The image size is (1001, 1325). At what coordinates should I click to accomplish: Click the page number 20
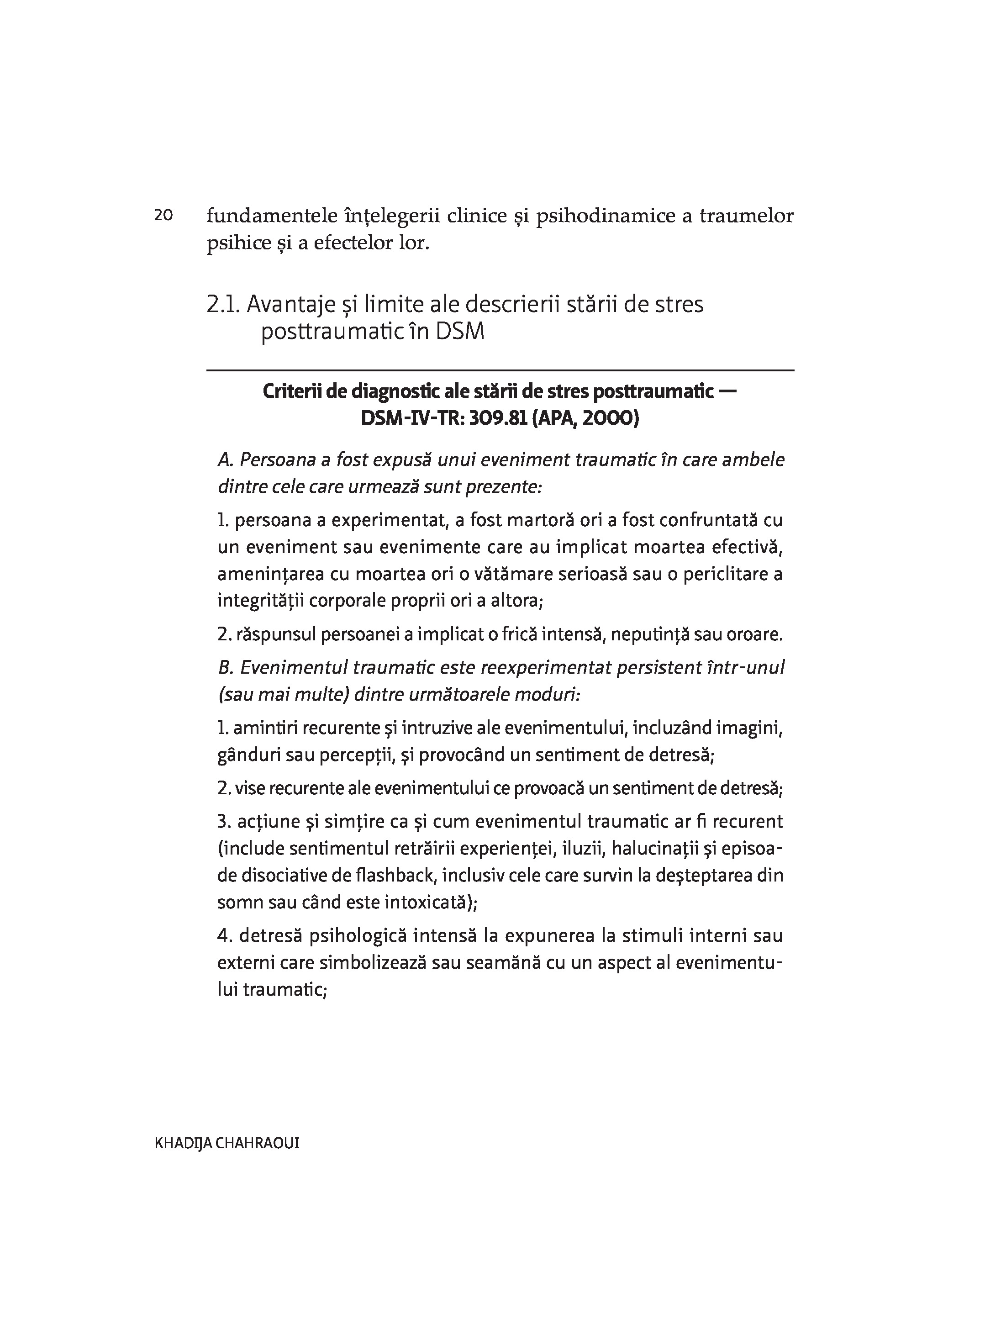(x=163, y=215)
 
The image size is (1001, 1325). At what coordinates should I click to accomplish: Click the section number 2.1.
(x=223, y=305)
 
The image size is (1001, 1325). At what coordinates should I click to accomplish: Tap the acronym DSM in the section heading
(x=459, y=331)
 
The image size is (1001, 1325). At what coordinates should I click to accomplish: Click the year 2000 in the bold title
(x=607, y=417)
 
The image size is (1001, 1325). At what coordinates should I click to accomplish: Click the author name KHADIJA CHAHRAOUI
(x=227, y=1143)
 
